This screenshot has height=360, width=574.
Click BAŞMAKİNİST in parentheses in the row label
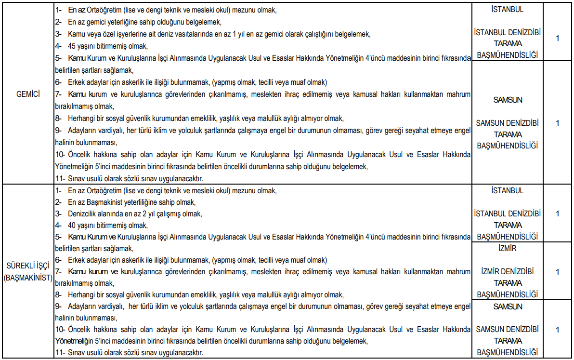click(x=27, y=278)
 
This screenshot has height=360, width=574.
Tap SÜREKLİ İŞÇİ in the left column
click(x=27, y=266)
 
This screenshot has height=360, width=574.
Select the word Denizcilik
click(x=83, y=213)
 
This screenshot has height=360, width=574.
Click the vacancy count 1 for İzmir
click(x=557, y=272)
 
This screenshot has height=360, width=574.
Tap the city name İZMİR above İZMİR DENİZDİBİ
click(x=507, y=249)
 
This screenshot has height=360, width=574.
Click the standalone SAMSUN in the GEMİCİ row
click(x=507, y=100)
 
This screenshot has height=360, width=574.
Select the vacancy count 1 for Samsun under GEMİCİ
click(x=557, y=123)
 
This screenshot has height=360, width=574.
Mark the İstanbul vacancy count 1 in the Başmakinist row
click(x=557, y=213)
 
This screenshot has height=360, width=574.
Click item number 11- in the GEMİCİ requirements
click(x=60, y=178)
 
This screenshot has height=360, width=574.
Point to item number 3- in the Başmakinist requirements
click(x=58, y=213)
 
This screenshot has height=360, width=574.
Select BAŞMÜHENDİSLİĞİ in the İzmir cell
click(x=507, y=294)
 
